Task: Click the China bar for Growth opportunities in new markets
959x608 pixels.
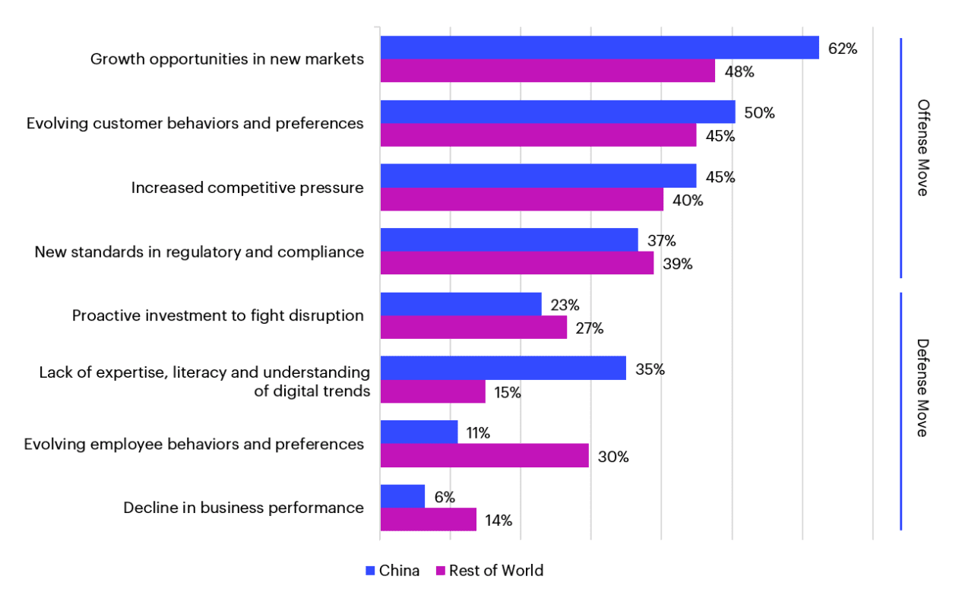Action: pos(599,48)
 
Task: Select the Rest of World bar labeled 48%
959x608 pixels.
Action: pos(547,71)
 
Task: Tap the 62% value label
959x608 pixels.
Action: pos(842,49)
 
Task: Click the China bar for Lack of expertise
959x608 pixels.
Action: pos(502,369)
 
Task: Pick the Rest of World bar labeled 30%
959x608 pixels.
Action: pos(484,456)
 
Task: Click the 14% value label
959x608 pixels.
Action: pos(498,521)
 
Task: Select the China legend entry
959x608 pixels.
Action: pos(392,570)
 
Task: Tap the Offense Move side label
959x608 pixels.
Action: pos(923,147)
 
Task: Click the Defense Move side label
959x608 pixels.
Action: pos(923,388)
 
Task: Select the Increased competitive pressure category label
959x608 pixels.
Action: pos(247,188)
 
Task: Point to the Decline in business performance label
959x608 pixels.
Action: pos(243,508)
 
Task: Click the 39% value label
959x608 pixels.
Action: pos(677,264)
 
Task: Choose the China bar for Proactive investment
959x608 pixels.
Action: pos(461,304)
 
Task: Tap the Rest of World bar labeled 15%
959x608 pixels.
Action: pos(432,392)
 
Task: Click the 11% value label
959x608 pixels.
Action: pos(478,433)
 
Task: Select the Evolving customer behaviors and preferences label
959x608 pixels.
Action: pos(195,123)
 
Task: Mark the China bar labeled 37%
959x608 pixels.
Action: pos(508,240)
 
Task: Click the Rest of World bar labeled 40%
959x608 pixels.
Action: pos(521,200)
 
